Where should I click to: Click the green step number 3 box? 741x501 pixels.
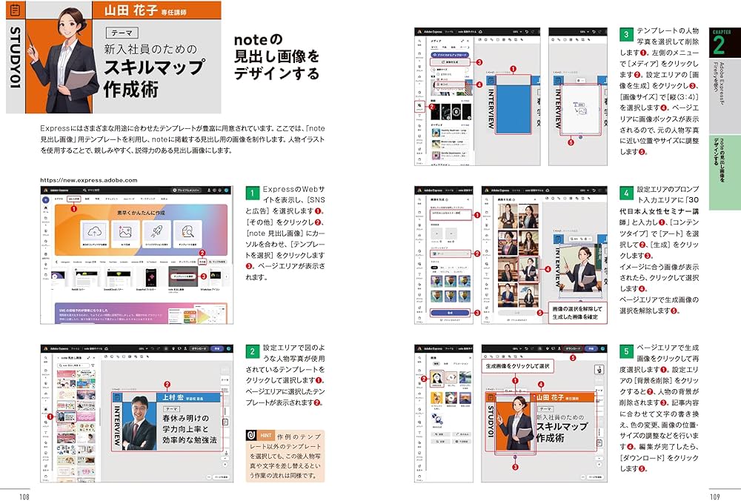coord(626,34)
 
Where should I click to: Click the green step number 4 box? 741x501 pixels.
coord(626,193)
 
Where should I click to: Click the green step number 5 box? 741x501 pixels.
coord(626,351)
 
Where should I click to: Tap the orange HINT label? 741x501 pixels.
coord(259,436)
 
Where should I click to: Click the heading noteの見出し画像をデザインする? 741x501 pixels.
coord(276,56)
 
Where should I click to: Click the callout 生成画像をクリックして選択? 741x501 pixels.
coord(518,366)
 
